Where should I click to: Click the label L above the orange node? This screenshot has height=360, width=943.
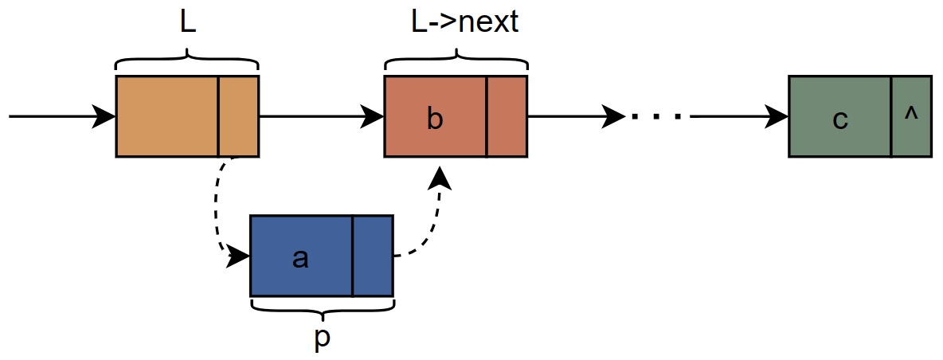coord(187,22)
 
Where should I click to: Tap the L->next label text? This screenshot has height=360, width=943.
coord(455,22)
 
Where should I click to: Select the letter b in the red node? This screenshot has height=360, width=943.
coord(434,118)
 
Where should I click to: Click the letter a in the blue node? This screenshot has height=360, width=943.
coord(300,256)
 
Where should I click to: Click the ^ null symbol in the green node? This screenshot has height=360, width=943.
coord(911,114)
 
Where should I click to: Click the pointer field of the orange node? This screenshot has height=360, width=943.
coord(238,116)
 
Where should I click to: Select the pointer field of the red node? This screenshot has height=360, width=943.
coord(507,116)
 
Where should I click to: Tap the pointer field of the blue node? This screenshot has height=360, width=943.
coord(373,255)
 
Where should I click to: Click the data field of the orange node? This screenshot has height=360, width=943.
coord(167,116)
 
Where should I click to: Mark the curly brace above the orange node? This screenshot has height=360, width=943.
coord(187,61)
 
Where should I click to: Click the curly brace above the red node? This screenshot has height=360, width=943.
coord(456,61)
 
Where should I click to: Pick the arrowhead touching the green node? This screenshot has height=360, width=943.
coord(777,117)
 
